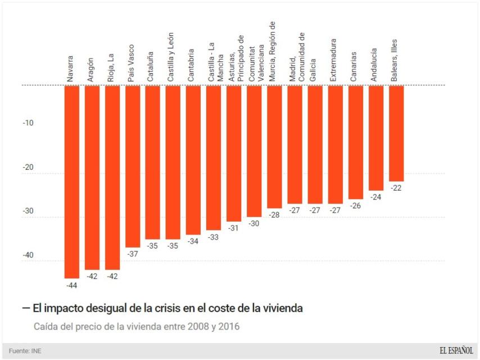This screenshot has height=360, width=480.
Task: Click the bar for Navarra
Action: [x=72, y=182]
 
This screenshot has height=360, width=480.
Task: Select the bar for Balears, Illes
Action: [x=396, y=133]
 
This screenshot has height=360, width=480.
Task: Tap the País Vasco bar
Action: [x=133, y=166]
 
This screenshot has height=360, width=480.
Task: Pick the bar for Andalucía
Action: [x=376, y=138]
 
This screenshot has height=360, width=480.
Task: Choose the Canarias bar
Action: [x=356, y=142]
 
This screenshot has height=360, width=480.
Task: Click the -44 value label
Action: [x=72, y=286]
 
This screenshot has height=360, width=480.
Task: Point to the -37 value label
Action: [x=133, y=254]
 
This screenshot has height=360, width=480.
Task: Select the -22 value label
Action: [x=396, y=188]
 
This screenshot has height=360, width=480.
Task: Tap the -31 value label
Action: [x=234, y=228]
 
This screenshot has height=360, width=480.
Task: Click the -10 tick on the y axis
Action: [x=28, y=123]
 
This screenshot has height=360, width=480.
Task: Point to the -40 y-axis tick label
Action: [x=28, y=255]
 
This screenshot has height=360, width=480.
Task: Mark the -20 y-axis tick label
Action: [x=28, y=167]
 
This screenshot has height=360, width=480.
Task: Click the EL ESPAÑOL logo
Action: [x=456, y=350]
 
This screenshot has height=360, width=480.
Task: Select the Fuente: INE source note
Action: [x=25, y=351]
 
